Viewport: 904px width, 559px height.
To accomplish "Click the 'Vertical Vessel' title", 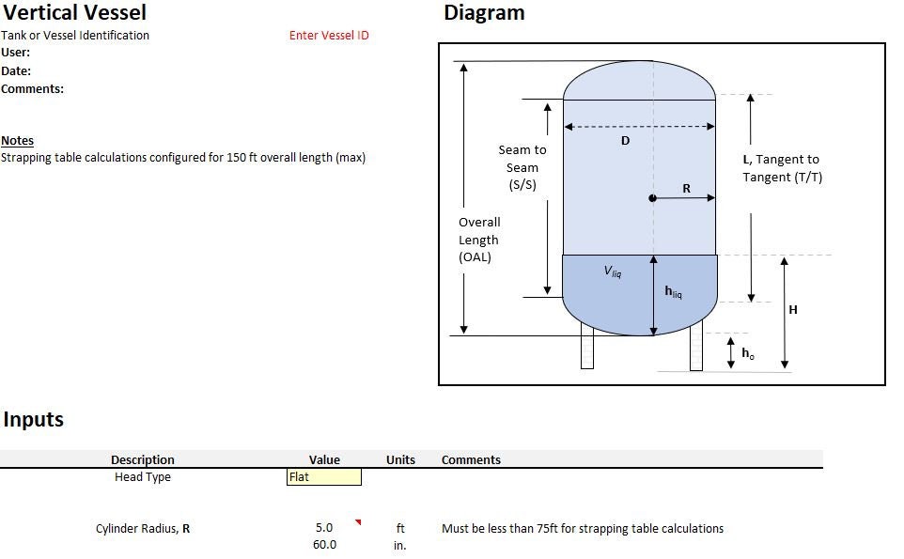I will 74,13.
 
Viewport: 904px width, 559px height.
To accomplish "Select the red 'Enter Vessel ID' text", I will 329,36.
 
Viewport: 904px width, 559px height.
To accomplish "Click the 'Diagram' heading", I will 484,13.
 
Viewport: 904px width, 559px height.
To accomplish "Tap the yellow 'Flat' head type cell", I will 324,477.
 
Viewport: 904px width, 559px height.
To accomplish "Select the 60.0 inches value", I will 324,545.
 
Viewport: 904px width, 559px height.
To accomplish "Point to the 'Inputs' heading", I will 33,420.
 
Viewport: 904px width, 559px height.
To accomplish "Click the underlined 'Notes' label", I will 17,141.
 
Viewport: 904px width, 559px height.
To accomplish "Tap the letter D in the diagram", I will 626,141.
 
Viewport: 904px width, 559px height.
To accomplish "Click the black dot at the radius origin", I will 652,198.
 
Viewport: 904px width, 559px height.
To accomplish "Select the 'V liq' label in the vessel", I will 613,272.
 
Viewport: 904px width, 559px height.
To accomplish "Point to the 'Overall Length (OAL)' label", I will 479,240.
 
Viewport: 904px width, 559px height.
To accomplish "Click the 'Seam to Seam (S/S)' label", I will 522,167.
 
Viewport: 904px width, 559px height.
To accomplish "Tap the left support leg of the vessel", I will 587,346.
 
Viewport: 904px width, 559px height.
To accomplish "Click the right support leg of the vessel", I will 696,346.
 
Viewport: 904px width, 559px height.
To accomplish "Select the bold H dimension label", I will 793,310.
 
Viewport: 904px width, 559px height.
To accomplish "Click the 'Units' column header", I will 400,460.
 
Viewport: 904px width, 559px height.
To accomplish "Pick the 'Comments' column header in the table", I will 471,460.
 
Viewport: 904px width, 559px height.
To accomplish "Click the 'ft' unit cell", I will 400,529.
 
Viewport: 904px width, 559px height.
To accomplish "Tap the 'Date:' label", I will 16,71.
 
